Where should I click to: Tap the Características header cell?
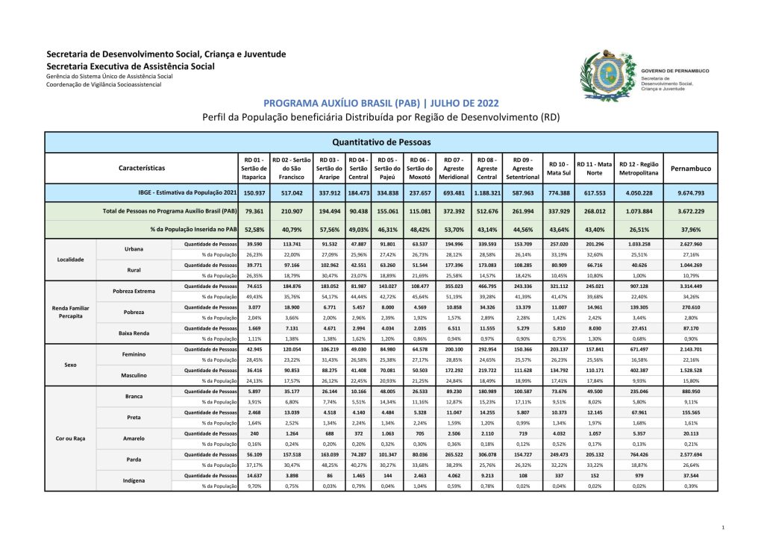point(142,169)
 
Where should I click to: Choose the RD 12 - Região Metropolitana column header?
point(639,169)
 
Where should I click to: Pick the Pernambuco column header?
point(690,169)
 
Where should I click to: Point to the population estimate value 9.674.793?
point(690,192)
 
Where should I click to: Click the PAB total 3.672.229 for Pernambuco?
point(690,211)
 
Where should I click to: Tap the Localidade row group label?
point(71,260)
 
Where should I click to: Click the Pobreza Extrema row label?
point(134,291)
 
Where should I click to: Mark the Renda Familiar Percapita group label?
point(71,311)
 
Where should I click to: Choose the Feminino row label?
point(134,354)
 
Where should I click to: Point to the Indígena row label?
point(134,481)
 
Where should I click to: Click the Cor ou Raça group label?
point(71,439)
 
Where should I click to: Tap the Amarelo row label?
point(134,439)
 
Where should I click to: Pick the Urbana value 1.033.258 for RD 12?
point(639,244)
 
